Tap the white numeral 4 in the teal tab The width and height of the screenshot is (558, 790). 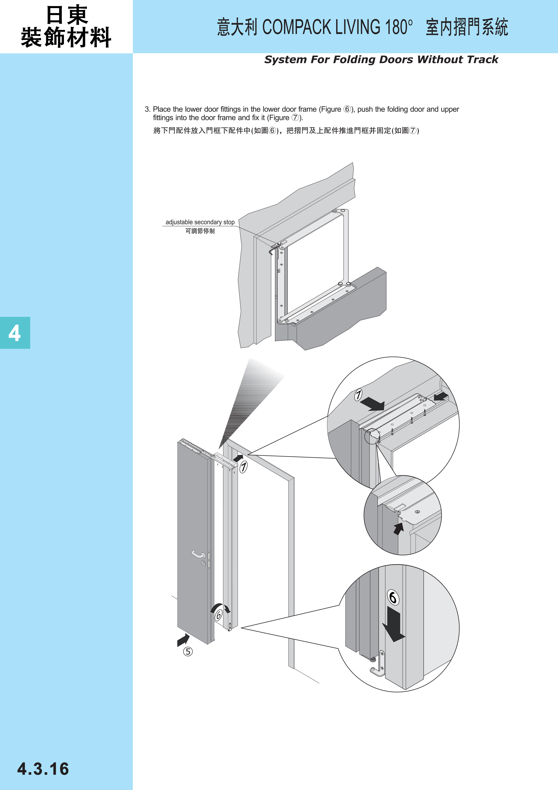click(x=14, y=333)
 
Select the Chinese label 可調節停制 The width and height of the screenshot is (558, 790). click(x=200, y=231)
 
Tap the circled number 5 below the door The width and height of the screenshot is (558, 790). click(x=188, y=651)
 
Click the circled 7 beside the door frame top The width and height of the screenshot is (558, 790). click(x=243, y=467)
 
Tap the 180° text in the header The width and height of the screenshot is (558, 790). click(x=399, y=27)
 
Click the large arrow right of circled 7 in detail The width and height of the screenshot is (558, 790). click(x=373, y=404)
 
